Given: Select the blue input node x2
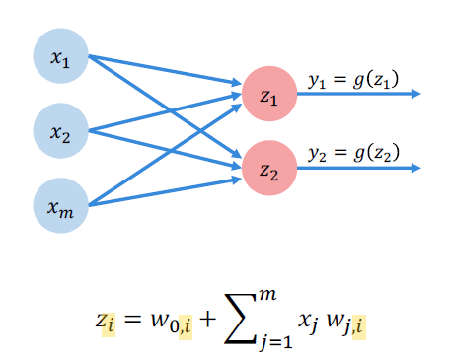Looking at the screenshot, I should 61,129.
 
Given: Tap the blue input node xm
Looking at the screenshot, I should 61,206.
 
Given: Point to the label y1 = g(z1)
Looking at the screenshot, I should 339,81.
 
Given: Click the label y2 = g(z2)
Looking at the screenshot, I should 339,154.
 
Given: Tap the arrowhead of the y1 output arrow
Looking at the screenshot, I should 416,94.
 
